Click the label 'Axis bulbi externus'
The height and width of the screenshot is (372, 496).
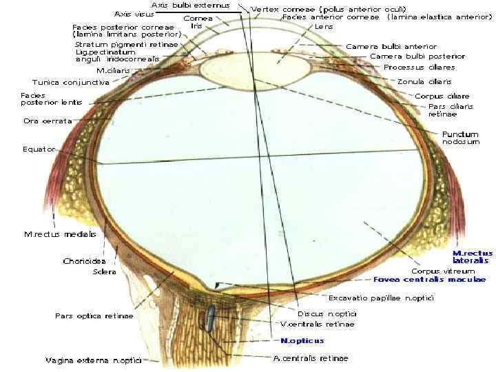point(190,6)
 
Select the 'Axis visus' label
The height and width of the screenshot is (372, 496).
point(134,14)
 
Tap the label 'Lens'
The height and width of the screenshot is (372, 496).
point(324,26)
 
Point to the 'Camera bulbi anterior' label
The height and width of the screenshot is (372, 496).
point(391,46)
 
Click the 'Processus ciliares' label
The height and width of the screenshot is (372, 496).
point(420,68)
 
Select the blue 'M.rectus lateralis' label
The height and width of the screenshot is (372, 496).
point(472,257)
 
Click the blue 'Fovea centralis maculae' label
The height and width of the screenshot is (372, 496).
point(430,280)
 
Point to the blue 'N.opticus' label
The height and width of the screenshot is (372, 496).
point(302,340)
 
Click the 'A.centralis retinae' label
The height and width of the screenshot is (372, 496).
point(311,358)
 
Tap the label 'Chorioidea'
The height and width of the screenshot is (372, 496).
point(84,261)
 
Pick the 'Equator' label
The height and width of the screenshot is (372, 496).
point(38,149)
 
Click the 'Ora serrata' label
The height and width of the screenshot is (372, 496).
point(46,121)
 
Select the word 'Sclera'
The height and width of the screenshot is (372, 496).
point(104,272)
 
